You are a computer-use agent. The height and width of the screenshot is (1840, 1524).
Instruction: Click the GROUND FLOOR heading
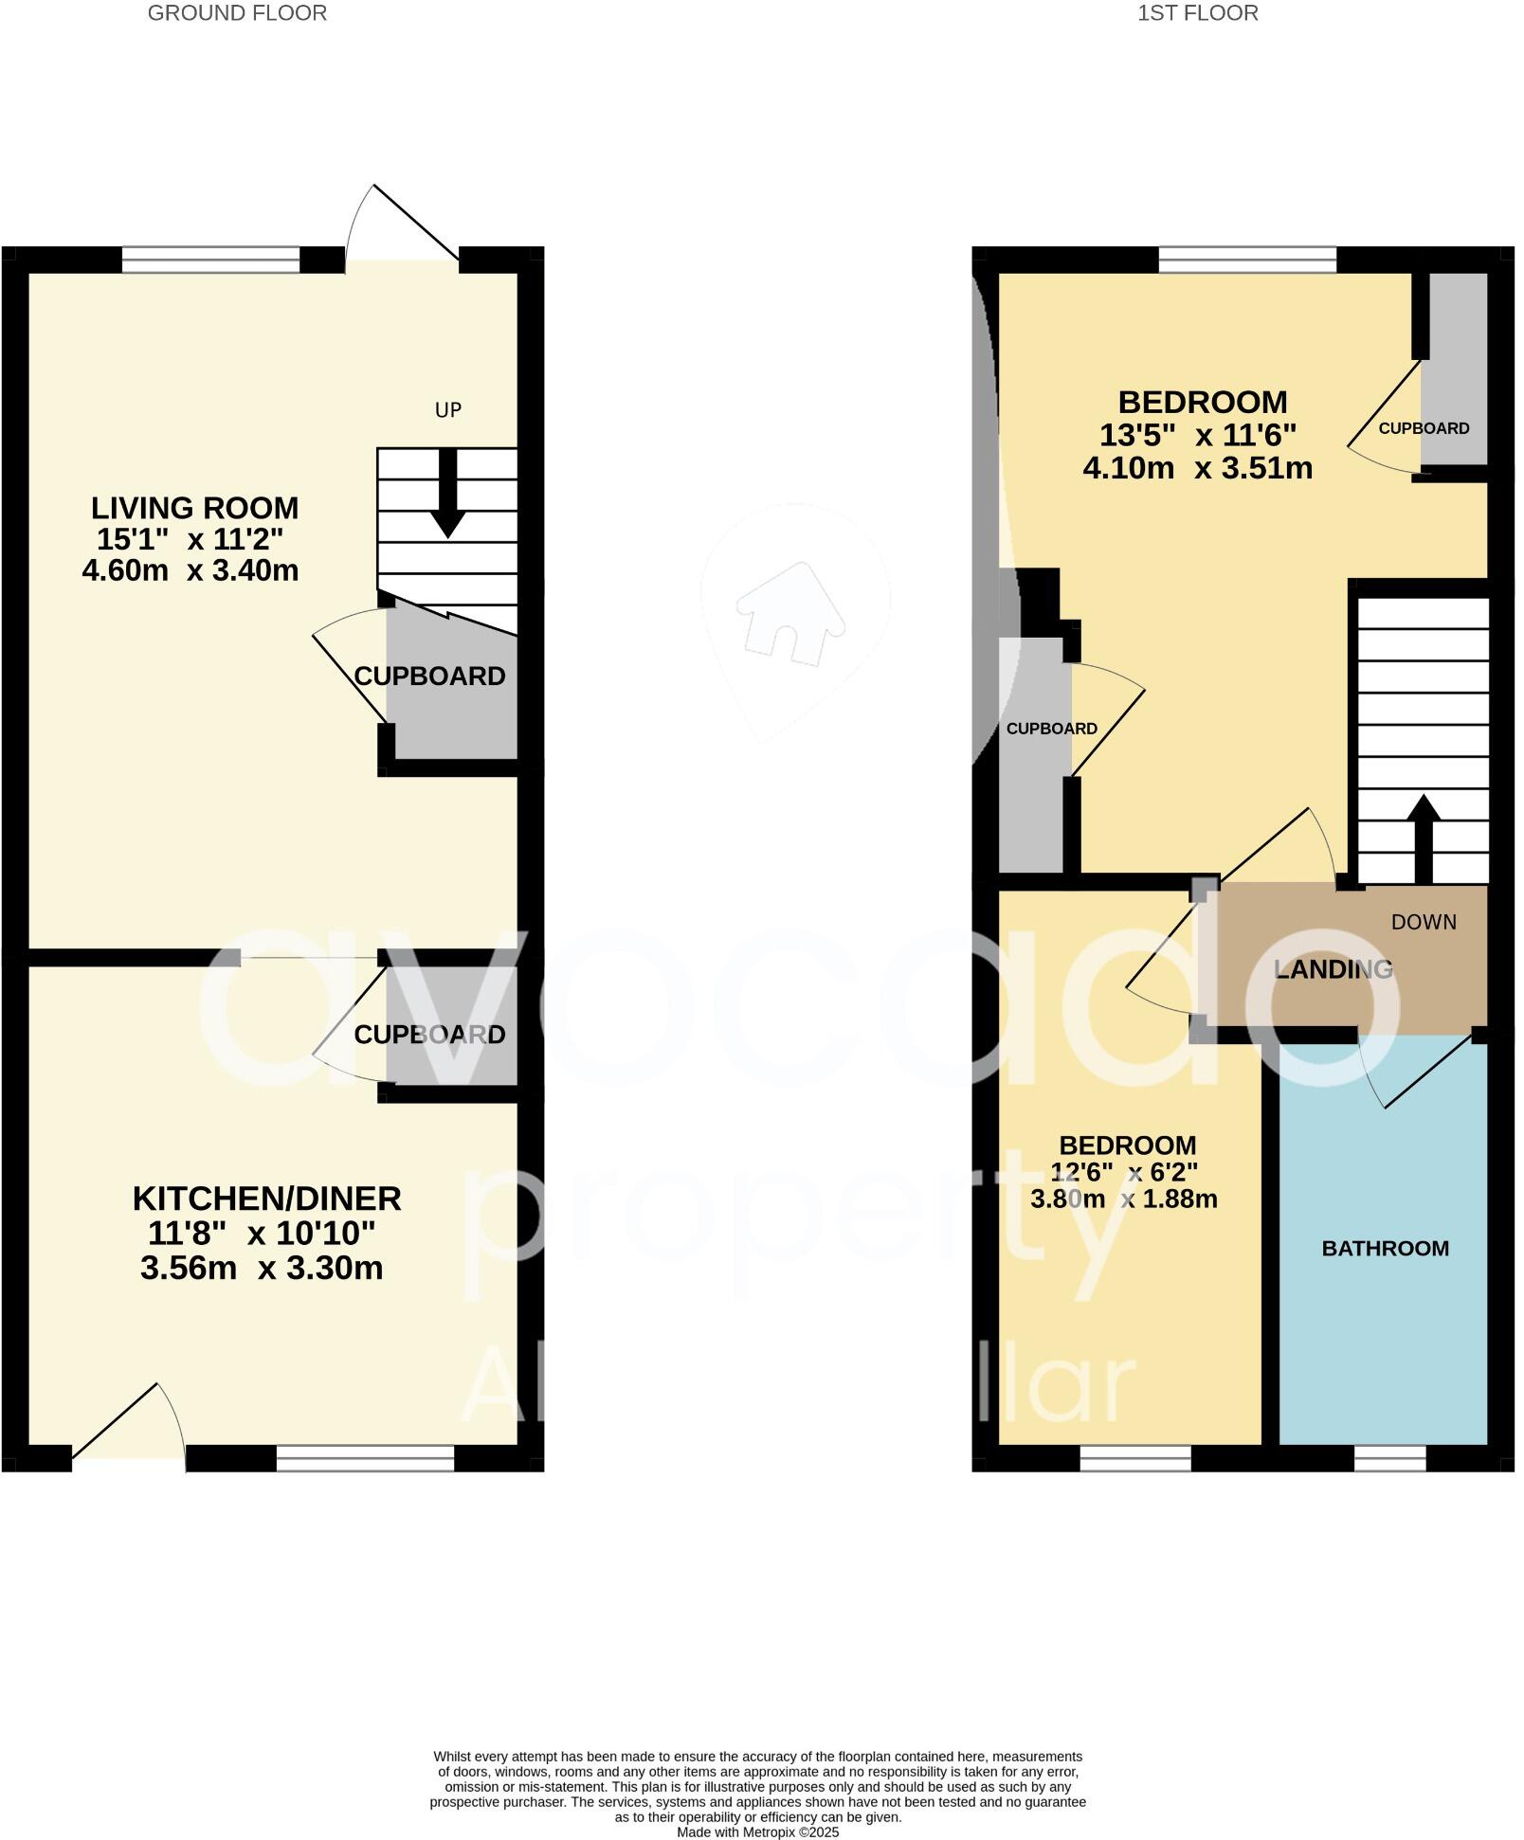237,13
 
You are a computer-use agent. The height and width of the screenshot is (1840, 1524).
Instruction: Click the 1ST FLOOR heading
1198,13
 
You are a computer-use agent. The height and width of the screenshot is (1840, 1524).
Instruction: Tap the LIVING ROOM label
194,508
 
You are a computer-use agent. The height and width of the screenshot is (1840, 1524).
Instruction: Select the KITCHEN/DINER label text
266,1199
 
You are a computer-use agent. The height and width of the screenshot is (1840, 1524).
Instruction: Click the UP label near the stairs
447,410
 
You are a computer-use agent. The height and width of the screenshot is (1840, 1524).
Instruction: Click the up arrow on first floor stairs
1423,835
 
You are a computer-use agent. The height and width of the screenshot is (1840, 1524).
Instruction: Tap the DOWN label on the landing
1424,922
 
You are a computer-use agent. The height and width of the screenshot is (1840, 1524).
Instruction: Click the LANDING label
1333,969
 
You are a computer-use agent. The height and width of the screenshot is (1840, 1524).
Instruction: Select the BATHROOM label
1385,1248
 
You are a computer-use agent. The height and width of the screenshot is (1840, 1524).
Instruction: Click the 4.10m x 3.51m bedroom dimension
1197,468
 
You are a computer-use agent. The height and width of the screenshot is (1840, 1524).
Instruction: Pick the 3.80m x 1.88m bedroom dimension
1123,1199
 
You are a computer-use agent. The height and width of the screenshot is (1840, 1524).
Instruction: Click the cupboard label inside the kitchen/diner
429,1035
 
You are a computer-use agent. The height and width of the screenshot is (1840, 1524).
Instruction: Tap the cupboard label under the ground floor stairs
429,676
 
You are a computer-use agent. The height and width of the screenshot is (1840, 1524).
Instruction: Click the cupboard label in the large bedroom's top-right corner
1424,428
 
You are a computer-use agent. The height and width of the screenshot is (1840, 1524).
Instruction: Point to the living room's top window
210,259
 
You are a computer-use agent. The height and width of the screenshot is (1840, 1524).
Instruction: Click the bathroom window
1389,1458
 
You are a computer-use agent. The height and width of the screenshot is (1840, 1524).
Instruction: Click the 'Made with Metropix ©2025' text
757,1832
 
